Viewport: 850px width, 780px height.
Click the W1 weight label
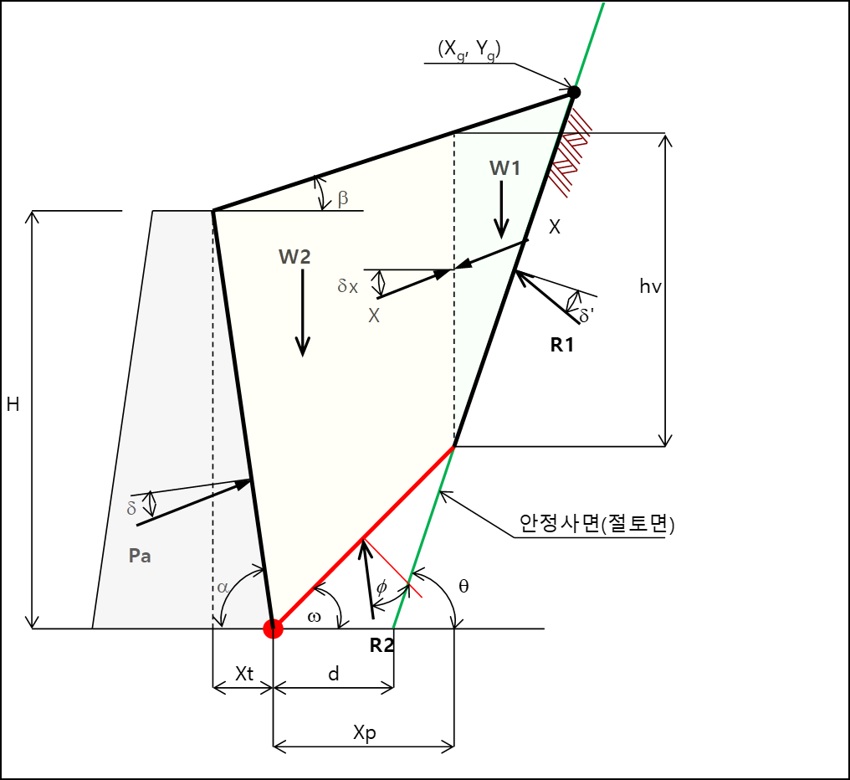(x=505, y=168)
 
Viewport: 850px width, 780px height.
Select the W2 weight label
(x=294, y=257)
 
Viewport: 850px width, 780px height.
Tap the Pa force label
(x=140, y=555)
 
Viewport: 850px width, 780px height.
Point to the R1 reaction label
(x=562, y=343)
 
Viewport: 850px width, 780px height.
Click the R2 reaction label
(x=381, y=644)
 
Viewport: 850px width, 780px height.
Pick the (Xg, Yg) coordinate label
(x=469, y=49)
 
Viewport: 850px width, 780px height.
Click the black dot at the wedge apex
(x=574, y=92)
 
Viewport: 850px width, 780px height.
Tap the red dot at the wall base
(x=273, y=629)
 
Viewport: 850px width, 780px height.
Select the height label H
(x=13, y=405)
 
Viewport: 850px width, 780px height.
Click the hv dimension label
(x=650, y=287)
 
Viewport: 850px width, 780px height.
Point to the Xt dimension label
(x=243, y=674)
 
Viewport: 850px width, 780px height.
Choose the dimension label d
(x=333, y=674)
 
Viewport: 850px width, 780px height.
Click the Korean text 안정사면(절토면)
(x=597, y=524)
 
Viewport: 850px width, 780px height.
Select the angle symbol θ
(x=463, y=586)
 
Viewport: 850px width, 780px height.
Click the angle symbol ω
(x=315, y=617)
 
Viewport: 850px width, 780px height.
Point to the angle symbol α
(x=223, y=588)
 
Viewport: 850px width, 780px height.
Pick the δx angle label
(x=348, y=285)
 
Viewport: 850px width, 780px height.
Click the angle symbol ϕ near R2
(x=381, y=587)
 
